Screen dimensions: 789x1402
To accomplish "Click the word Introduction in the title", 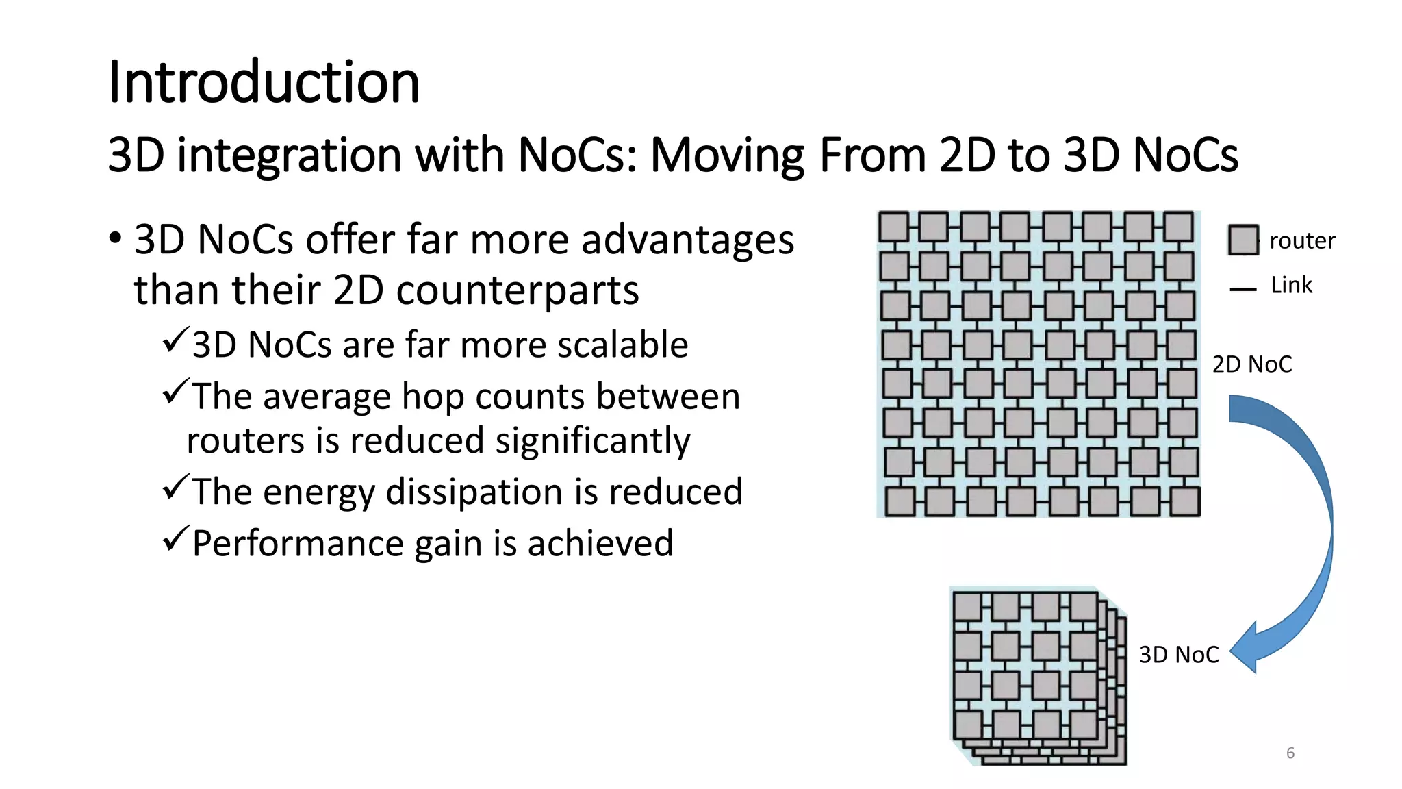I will tap(264, 82).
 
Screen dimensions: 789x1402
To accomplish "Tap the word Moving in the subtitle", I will tap(727, 155).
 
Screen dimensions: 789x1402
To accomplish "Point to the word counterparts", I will tap(518, 290).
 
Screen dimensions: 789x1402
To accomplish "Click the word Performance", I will tap(298, 544).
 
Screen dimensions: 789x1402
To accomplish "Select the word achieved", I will tap(600, 544).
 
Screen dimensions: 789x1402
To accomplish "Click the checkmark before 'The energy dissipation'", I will tap(175, 488).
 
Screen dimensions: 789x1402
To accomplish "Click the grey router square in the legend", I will tap(1242, 240).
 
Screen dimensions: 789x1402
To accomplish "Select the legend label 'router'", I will tap(1302, 240).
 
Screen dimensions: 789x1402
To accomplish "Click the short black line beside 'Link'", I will tap(1242, 289).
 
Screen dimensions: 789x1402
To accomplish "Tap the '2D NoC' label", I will tap(1252, 364).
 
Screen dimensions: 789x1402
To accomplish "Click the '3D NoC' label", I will tap(1179, 655).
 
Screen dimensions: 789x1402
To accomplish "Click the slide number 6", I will tap(1290, 753).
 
